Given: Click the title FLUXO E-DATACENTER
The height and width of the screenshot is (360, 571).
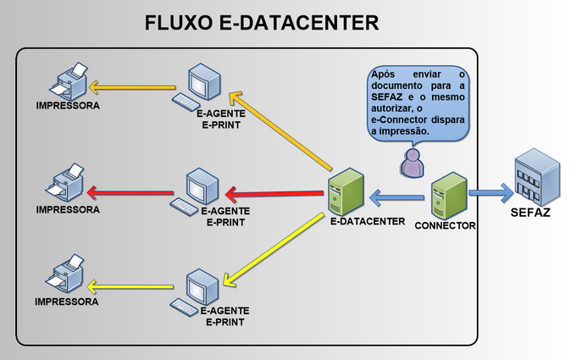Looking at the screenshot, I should tap(261, 22).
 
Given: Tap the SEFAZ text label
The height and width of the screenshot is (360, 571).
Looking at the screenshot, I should tap(530, 213).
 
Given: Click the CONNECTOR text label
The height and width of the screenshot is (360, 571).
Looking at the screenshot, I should tap(445, 226).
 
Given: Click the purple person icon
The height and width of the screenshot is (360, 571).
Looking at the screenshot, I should tap(413, 163).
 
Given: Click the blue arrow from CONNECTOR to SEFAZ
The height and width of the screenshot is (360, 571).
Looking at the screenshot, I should tap(490, 193).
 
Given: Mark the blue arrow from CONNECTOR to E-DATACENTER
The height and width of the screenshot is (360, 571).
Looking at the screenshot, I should tap(398, 198).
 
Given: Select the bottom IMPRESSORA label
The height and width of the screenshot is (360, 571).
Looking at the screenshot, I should tap(66, 302).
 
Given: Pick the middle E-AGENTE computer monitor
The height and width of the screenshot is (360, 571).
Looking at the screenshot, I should tap(202, 185).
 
